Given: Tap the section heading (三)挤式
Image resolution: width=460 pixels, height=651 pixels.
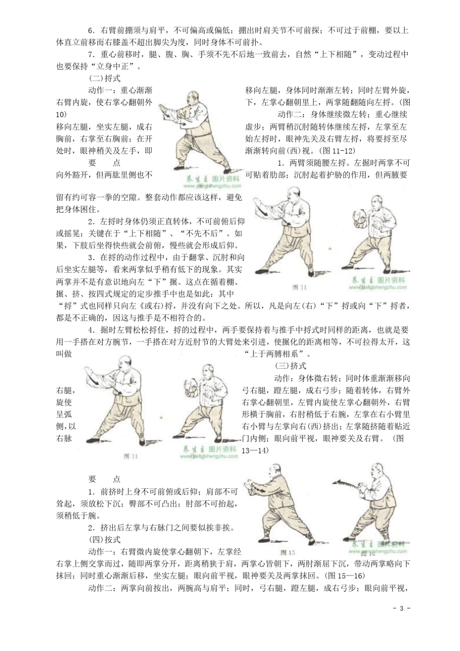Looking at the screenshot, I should pyautogui.click(x=291, y=366).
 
